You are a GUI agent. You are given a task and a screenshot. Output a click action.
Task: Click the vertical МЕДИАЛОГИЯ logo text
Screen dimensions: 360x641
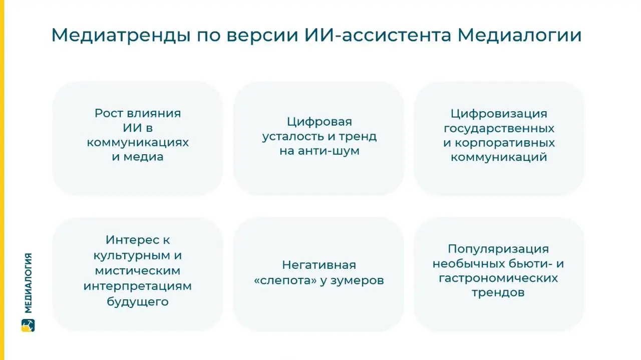(28, 283)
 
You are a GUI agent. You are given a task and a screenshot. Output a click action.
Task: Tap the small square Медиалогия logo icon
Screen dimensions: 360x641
(28, 325)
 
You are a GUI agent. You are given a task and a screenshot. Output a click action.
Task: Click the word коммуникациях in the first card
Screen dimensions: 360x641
(138, 142)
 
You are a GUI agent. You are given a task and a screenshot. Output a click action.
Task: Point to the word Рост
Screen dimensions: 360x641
(108, 113)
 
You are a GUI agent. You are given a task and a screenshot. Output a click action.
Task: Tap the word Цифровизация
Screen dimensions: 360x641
(499, 114)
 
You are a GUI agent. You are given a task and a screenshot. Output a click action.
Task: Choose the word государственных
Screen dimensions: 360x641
(499, 128)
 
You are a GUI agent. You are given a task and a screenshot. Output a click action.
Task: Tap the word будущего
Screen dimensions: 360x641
(138, 301)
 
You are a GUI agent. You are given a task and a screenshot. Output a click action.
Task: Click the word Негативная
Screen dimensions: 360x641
(318, 265)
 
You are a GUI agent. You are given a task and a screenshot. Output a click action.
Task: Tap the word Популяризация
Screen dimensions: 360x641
(498, 249)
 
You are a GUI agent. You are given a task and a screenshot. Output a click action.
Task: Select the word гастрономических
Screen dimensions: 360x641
(498, 278)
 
